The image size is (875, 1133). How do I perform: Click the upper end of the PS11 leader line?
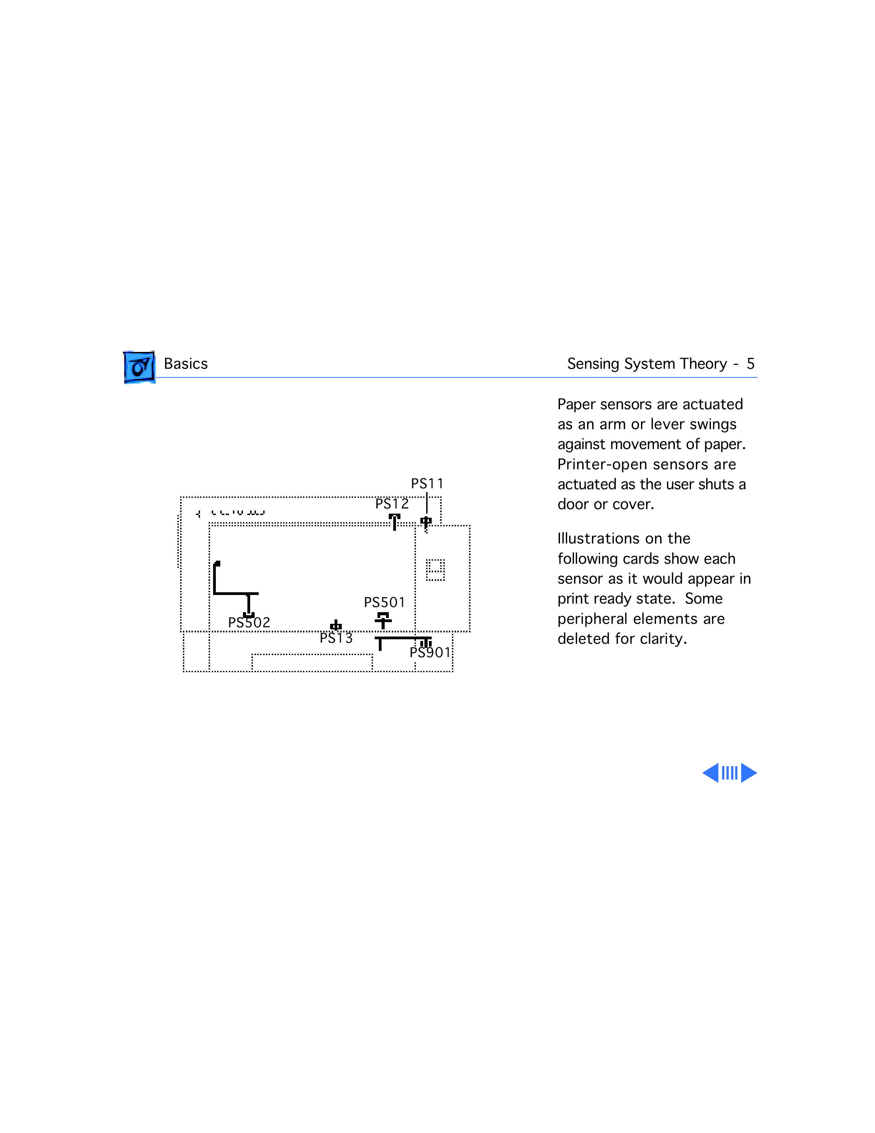[427, 492]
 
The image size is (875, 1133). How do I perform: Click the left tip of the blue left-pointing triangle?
[702, 773]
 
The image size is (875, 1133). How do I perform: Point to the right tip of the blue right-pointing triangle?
[757, 773]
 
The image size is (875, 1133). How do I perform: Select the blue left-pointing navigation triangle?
[711, 773]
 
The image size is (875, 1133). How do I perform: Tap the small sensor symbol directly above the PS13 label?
[336, 625]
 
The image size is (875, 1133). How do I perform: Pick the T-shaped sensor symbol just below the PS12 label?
[395, 522]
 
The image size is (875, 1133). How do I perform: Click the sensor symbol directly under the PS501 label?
[383, 620]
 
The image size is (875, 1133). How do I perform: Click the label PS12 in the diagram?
[392, 504]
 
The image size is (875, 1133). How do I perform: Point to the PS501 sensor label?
[384, 602]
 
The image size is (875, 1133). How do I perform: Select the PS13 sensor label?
[336, 638]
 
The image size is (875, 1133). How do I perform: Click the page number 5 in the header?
[750, 364]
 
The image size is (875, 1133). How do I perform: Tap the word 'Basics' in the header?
[186, 364]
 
